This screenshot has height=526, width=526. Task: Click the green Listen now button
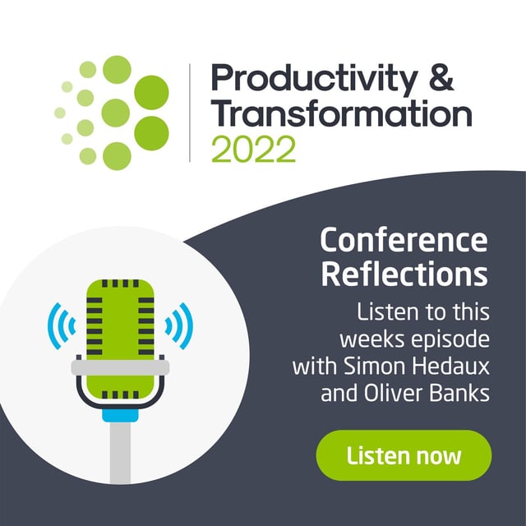[x=404, y=455]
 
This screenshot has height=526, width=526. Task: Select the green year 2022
[x=253, y=149]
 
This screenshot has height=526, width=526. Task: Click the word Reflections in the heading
[x=404, y=274]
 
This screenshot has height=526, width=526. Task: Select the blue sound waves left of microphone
[x=60, y=324]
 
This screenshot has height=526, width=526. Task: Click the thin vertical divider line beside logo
[x=191, y=113]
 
